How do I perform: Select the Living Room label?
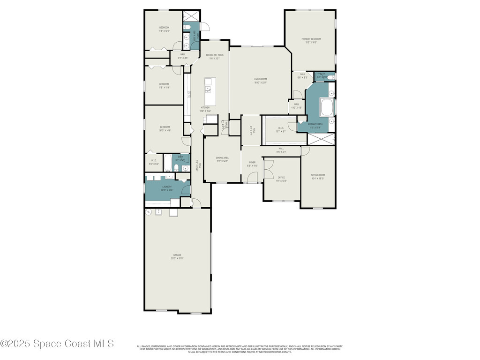click(261, 81)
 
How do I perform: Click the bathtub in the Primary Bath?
click(326, 107)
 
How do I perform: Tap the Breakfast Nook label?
click(215, 57)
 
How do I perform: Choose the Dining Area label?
click(222, 159)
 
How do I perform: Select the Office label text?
click(281, 179)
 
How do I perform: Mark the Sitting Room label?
click(318, 177)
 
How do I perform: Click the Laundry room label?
click(167, 188)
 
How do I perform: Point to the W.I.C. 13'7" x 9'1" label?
click(281, 129)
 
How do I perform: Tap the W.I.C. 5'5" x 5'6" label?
click(154, 162)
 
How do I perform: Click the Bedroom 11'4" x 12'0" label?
click(164, 29)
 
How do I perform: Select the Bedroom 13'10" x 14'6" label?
click(165, 128)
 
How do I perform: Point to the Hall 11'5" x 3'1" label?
click(281, 150)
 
